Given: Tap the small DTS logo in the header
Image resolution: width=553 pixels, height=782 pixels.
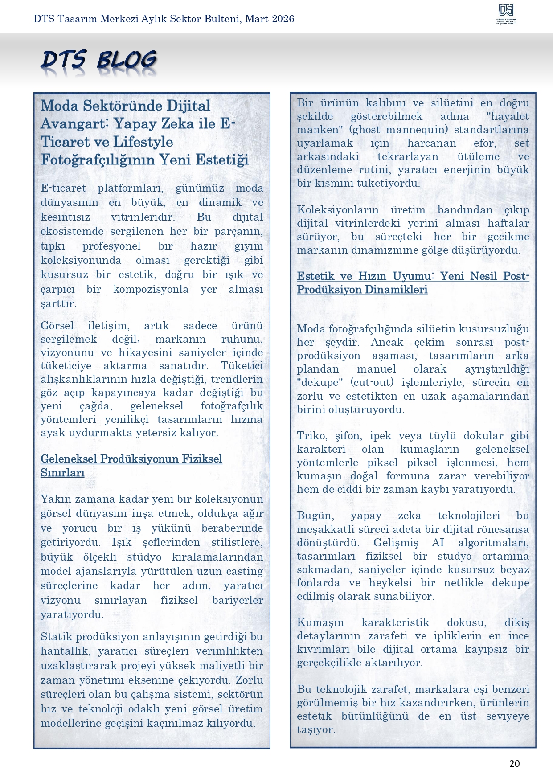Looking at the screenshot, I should (506, 14).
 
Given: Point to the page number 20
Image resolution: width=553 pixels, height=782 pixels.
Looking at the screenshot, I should (514, 763).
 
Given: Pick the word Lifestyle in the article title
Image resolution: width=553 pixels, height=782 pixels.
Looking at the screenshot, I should (143, 142).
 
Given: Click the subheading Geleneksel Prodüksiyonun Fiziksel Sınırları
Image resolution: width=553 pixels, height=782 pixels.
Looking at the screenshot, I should (131, 465).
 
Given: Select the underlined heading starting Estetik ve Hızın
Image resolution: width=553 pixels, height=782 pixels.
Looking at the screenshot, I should (413, 283).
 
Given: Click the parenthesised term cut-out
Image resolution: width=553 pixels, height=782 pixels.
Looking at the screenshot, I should (372, 382).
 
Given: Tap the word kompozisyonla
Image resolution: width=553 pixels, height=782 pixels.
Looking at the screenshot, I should (151, 289).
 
